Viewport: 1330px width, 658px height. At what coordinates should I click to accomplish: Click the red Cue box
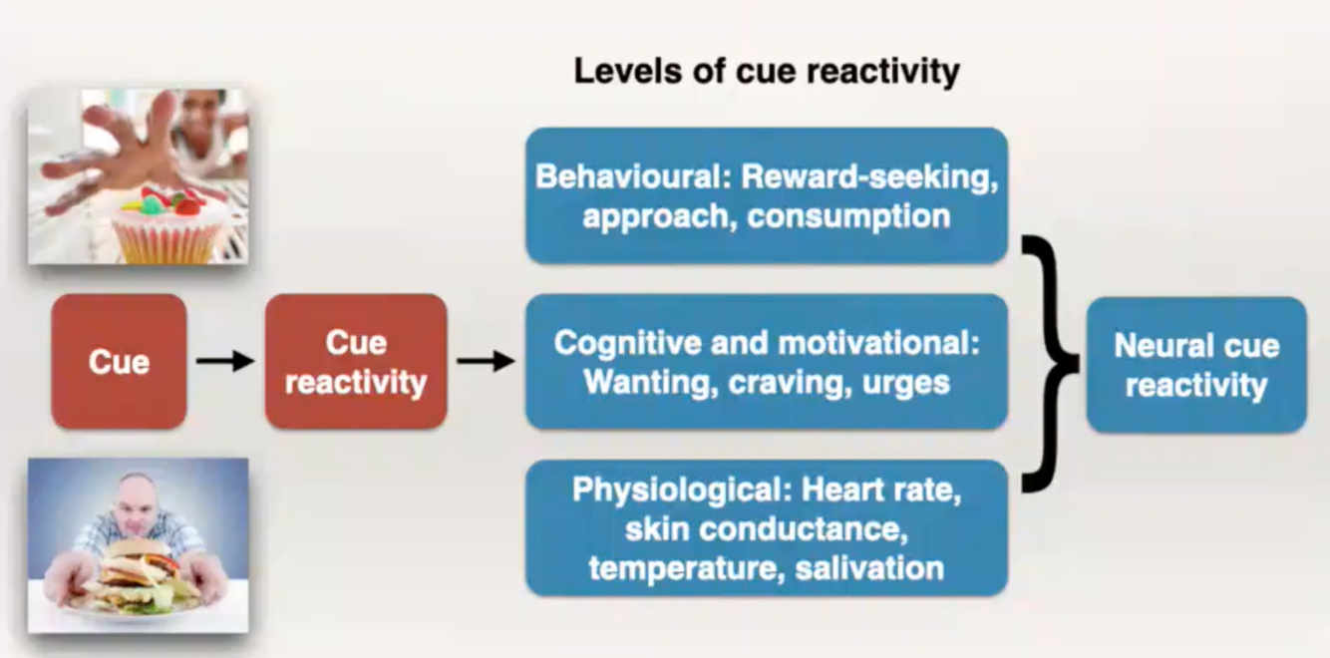pos(119,361)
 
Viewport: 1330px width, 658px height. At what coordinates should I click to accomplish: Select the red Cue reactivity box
pos(355,361)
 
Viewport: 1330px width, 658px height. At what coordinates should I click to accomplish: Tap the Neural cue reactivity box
pos(1195,365)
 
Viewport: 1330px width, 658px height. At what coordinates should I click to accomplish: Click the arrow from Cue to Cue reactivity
pos(225,361)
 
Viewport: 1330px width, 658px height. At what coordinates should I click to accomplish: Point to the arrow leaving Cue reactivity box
pos(486,361)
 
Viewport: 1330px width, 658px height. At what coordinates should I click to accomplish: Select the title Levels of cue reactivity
pos(766,72)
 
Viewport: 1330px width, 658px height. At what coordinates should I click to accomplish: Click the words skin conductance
pos(766,529)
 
